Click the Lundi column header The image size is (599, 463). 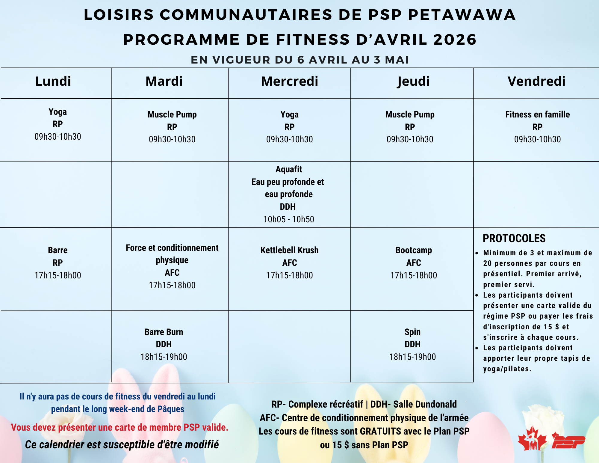[x=53, y=82]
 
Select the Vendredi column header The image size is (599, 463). [x=536, y=82]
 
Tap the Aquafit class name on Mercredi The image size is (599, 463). [x=289, y=170]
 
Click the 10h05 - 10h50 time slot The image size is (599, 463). [x=289, y=219]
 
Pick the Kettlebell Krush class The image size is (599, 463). [x=289, y=250]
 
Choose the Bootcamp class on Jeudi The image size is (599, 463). [x=414, y=250]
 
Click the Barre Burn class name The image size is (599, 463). [x=164, y=332]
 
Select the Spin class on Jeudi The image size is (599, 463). [x=412, y=332]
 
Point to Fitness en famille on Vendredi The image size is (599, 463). [x=537, y=114]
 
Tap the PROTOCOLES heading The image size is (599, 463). [x=514, y=239]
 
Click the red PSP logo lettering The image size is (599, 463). [x=568, y=441]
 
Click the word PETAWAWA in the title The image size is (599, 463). [x=462, y=15]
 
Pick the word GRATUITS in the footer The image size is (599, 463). [x=380, y=431]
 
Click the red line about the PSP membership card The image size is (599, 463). [x=120, y=427]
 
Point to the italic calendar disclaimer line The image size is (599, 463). [x=122, y=444]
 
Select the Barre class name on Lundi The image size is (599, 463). [x=58, y=250]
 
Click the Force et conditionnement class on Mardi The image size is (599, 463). [x=172, y=248]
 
